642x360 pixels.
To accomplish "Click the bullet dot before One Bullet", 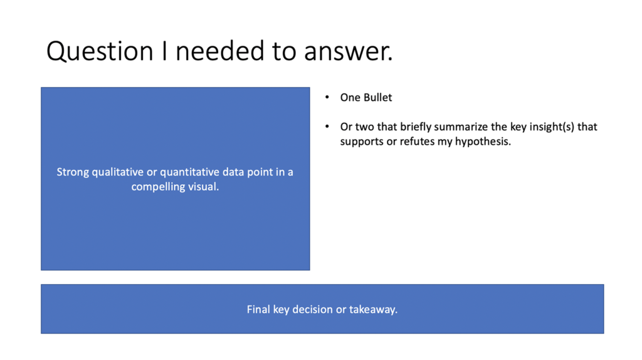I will tap(327, 98).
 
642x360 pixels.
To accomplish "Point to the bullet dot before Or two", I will tap(327, 127).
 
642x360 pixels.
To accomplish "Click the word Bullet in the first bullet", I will tap(377, 98).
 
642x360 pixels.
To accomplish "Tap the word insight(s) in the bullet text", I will tap(550, 127).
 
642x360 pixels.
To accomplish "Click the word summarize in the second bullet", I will tap(455, 127).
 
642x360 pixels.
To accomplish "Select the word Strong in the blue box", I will tap(73, 172).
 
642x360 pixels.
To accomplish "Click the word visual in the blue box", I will tap(204, 187).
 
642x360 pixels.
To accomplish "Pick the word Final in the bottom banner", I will tap(258, 309).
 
